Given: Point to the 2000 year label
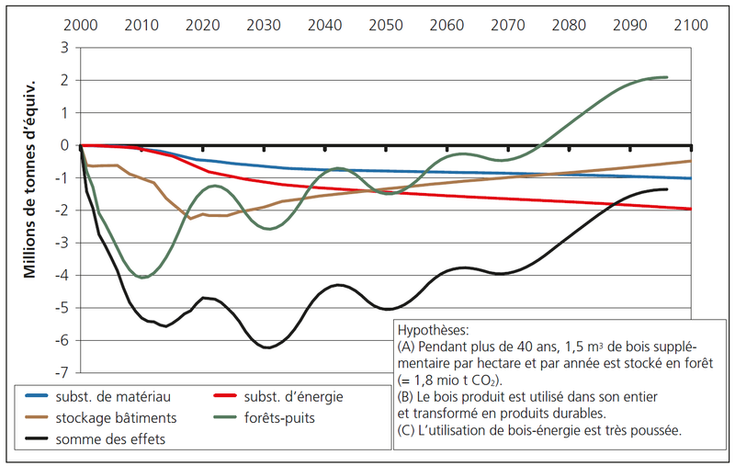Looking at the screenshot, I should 81,24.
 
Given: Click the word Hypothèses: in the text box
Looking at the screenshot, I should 432,328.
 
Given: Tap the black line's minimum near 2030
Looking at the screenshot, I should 266,347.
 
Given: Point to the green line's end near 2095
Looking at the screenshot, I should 666,77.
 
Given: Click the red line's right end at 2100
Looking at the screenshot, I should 690,209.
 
